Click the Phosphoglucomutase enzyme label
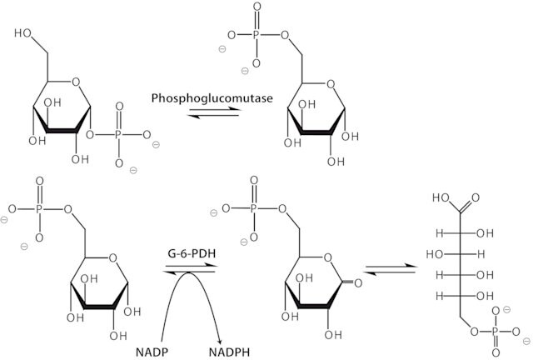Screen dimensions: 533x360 pos(212,98)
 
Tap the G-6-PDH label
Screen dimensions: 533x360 pos(192,254)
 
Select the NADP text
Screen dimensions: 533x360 pos(152,352)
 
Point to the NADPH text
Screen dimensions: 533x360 pos(229,352)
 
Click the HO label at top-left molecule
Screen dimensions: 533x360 pos(23,33)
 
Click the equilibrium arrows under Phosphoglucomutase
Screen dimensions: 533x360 pos(214,112)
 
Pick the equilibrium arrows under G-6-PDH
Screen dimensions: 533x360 pos(190,269)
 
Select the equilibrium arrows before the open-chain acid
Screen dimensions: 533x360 pos(391,269)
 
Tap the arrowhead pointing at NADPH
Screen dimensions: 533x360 pos(220,341)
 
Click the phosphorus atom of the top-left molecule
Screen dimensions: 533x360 pos(118,135)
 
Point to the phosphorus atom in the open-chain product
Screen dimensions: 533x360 pos(496,332)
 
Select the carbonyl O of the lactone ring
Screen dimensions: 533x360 pos(358,282)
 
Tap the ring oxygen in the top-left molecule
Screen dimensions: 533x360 pos(76,82)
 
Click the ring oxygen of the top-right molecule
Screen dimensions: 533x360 pos(331,83)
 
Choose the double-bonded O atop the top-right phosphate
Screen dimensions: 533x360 pos(257,7)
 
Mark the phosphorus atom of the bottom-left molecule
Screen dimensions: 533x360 pos(39,208)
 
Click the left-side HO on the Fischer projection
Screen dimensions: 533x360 pos(435,254)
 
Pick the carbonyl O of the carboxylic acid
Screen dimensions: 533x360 pos(476,197)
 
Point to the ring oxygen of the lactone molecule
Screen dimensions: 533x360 pos(327,257)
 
